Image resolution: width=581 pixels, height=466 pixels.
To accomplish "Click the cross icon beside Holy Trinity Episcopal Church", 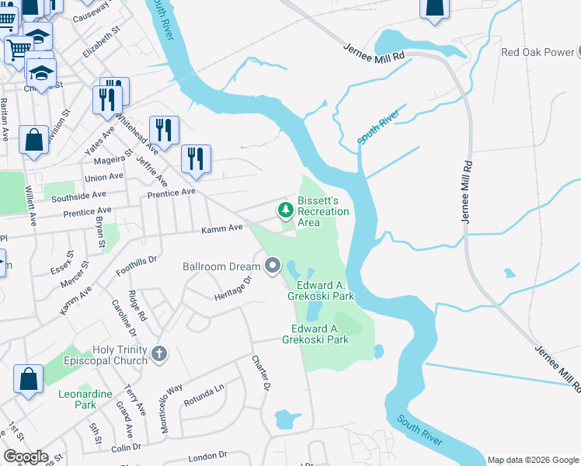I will click(159, 355).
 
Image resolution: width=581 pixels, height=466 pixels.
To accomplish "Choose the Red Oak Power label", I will click(536, 53).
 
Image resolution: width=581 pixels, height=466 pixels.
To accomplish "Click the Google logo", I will click(26, 457).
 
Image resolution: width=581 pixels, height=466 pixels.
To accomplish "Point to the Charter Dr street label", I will click(261, 373).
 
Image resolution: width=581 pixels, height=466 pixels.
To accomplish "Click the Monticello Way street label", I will click(172, 408).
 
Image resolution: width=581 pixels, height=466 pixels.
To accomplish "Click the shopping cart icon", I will click(17, 48).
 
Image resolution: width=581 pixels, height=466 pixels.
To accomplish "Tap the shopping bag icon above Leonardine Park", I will click(28, 380).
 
